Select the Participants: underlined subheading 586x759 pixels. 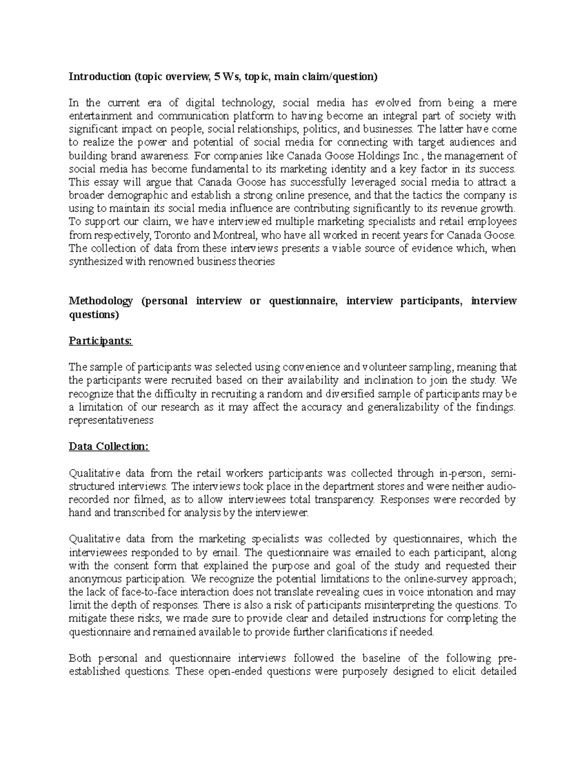click(x=101, y=341)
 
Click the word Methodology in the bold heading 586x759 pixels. click(x=101, y=301)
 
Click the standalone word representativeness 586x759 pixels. click(x=111, y=420)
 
